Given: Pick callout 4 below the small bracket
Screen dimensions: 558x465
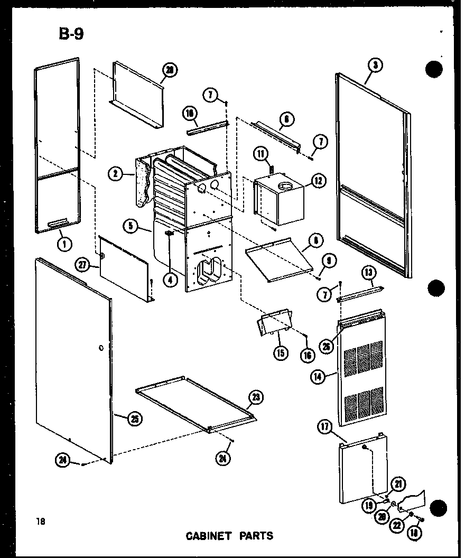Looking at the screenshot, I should pos(170,280).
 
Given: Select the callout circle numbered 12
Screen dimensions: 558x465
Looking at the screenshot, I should pos(318,181).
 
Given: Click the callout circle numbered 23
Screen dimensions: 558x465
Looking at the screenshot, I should pos(256,398).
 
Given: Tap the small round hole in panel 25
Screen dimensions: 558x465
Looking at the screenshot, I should pos(100,348).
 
